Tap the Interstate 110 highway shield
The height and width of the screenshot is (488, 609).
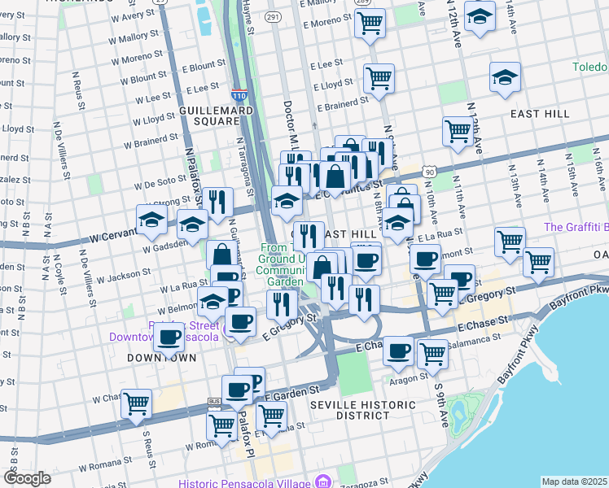tap(239, 96)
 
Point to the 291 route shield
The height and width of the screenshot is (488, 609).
tap(273, 16)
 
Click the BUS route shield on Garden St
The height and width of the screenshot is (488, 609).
tap(215, 401)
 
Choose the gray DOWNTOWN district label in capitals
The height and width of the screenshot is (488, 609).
tap(161, 358)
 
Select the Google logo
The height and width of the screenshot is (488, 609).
tap(28, 478)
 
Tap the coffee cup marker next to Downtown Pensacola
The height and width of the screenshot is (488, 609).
tap(169, 335)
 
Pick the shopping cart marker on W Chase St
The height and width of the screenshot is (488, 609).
tap(136, 402)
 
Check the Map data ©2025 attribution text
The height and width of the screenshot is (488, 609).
tap(574, 481)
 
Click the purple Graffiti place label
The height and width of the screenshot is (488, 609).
tap(576, 227)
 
